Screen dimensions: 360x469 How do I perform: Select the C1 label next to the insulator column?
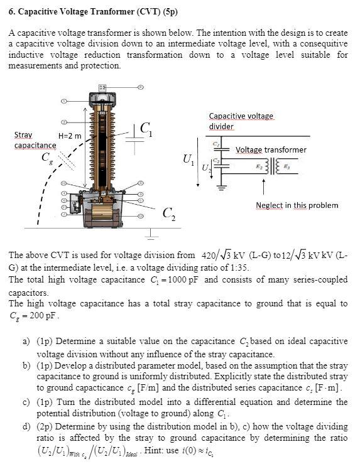click(x=145, y=129)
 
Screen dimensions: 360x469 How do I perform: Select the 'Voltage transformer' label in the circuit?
click(x=271, y=149)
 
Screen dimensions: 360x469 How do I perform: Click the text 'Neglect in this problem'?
click(x=297, y=205)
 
